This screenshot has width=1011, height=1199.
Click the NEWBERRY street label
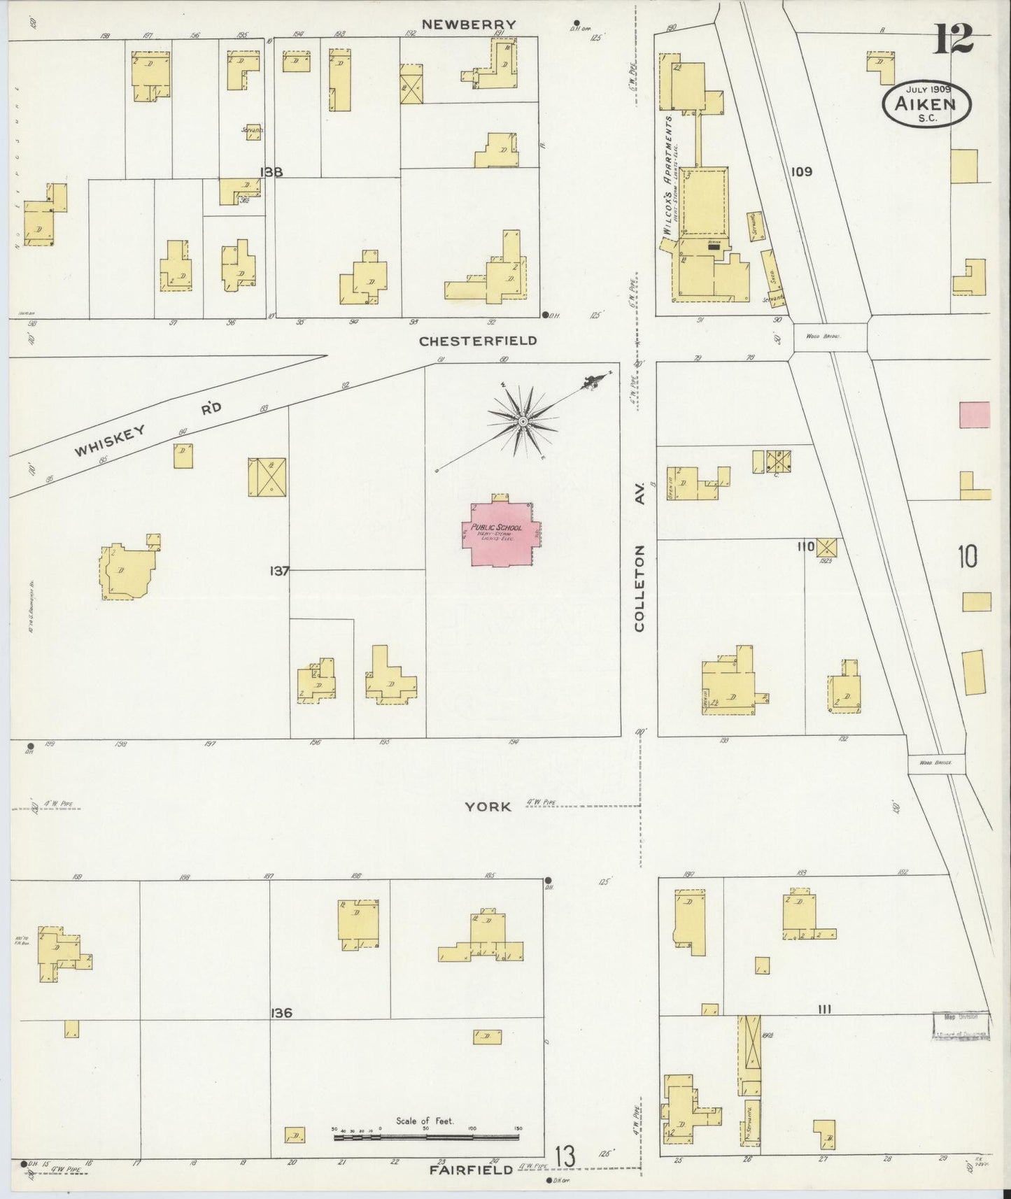click(468, 24)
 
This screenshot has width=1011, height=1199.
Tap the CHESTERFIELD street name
click(478, 341)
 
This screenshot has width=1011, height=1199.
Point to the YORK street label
click(488, 807)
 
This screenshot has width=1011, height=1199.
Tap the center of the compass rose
click(523, 421)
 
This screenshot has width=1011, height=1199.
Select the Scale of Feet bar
click(426, 1137)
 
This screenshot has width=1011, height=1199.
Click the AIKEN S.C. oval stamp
click(926, 104)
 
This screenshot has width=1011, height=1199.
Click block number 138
click(270, 171)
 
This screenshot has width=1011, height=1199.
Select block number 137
click(279, 571)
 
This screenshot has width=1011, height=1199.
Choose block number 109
click(801, 171)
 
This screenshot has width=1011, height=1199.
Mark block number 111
click(824, 1009)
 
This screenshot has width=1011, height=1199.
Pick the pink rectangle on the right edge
click(975, 414)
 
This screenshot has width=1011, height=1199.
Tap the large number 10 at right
click(968, 558)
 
